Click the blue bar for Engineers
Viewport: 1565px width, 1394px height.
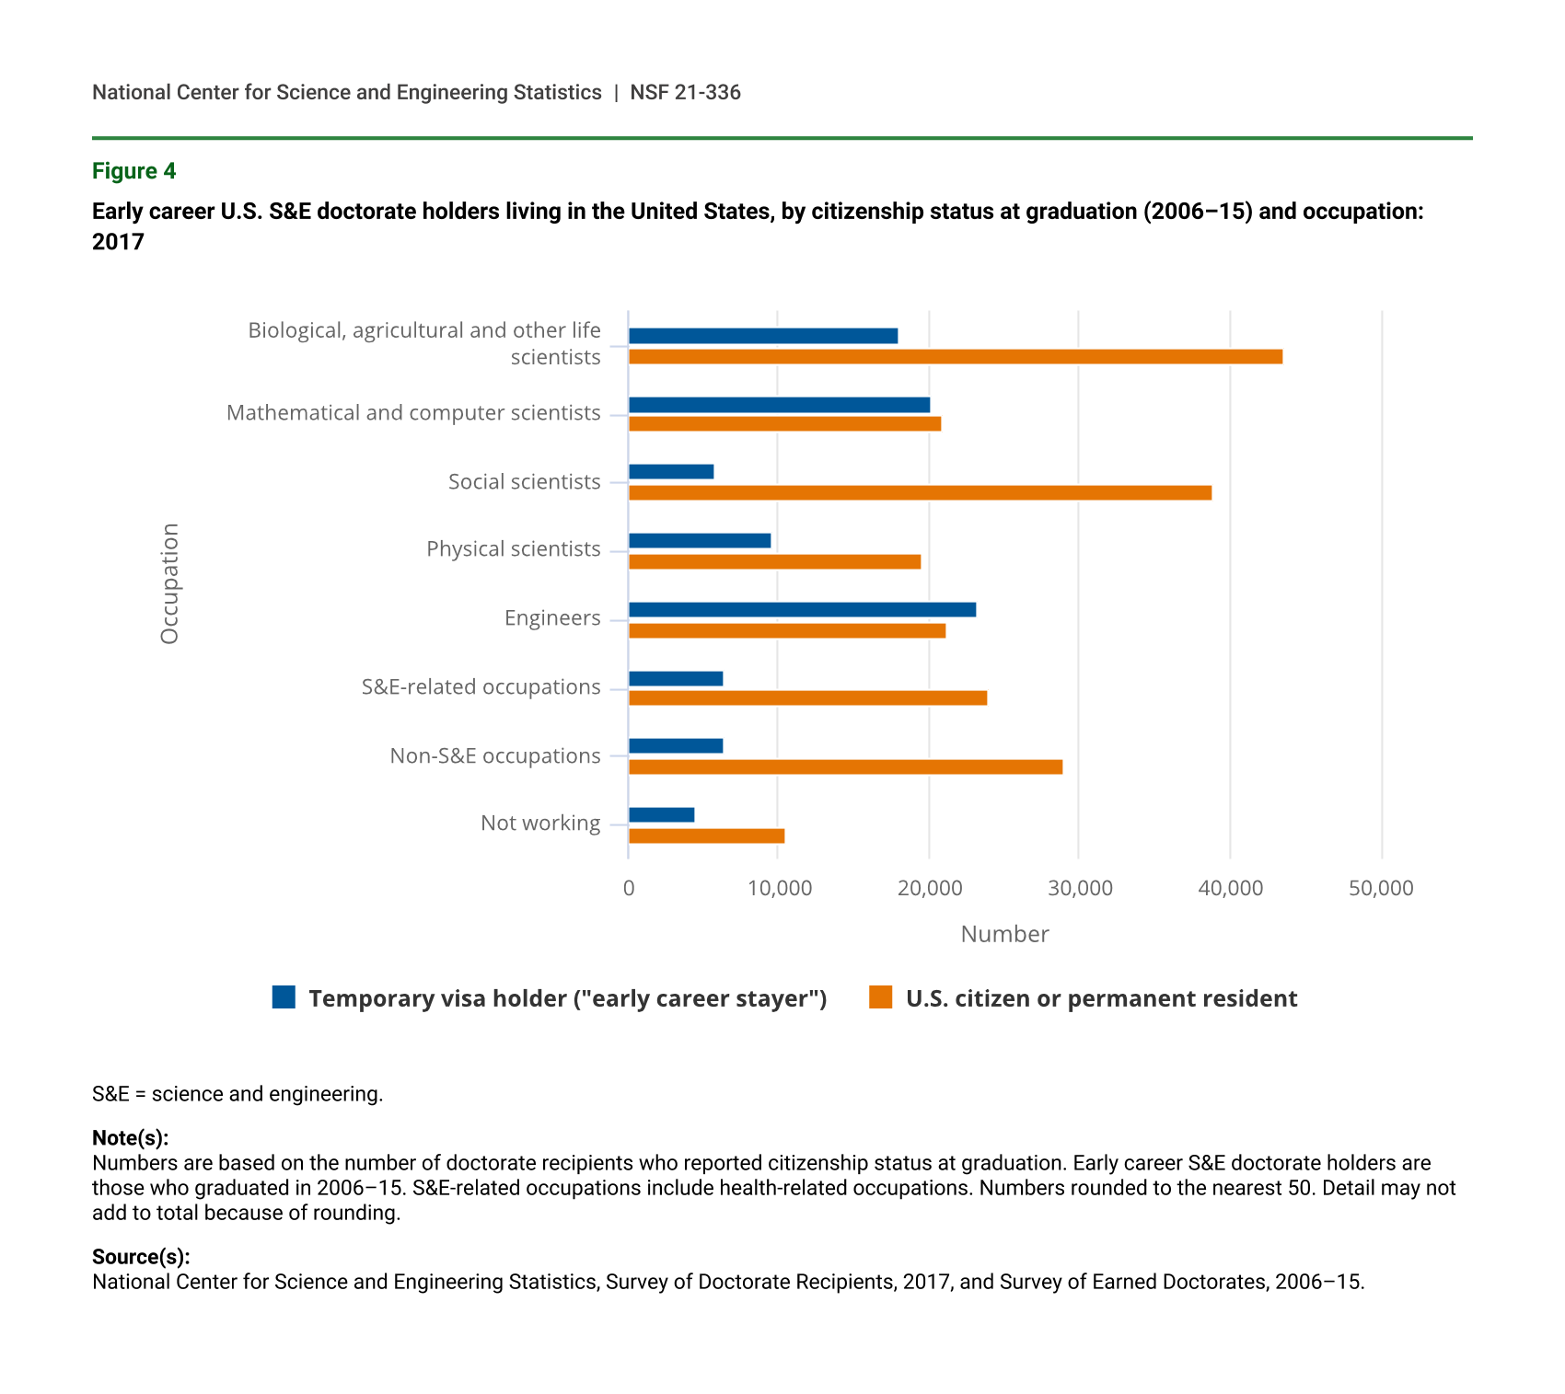802,610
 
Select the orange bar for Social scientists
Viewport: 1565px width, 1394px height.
920,493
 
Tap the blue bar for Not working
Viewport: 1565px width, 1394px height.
661,815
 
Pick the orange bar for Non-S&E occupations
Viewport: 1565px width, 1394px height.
845,767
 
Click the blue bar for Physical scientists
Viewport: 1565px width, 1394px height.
700,541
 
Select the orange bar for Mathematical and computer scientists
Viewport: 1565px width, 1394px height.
784,424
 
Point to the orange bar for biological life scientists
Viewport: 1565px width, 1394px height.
955,357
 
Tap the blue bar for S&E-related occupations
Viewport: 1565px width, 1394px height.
676,679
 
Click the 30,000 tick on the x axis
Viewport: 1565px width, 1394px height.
1080,889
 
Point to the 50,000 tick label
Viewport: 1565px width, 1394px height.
1381,889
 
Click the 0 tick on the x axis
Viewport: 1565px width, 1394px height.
629,889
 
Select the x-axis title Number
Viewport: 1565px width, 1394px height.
1004,935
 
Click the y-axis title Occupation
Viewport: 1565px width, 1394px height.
169,583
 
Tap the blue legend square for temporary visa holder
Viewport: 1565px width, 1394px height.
284,997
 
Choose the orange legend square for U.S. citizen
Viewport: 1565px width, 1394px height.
881,997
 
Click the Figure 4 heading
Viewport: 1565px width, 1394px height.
133,171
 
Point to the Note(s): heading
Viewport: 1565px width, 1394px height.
130,1138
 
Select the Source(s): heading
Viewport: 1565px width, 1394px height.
141,1257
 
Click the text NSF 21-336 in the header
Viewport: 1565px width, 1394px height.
685,93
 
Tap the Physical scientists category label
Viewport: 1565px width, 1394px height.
513,549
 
